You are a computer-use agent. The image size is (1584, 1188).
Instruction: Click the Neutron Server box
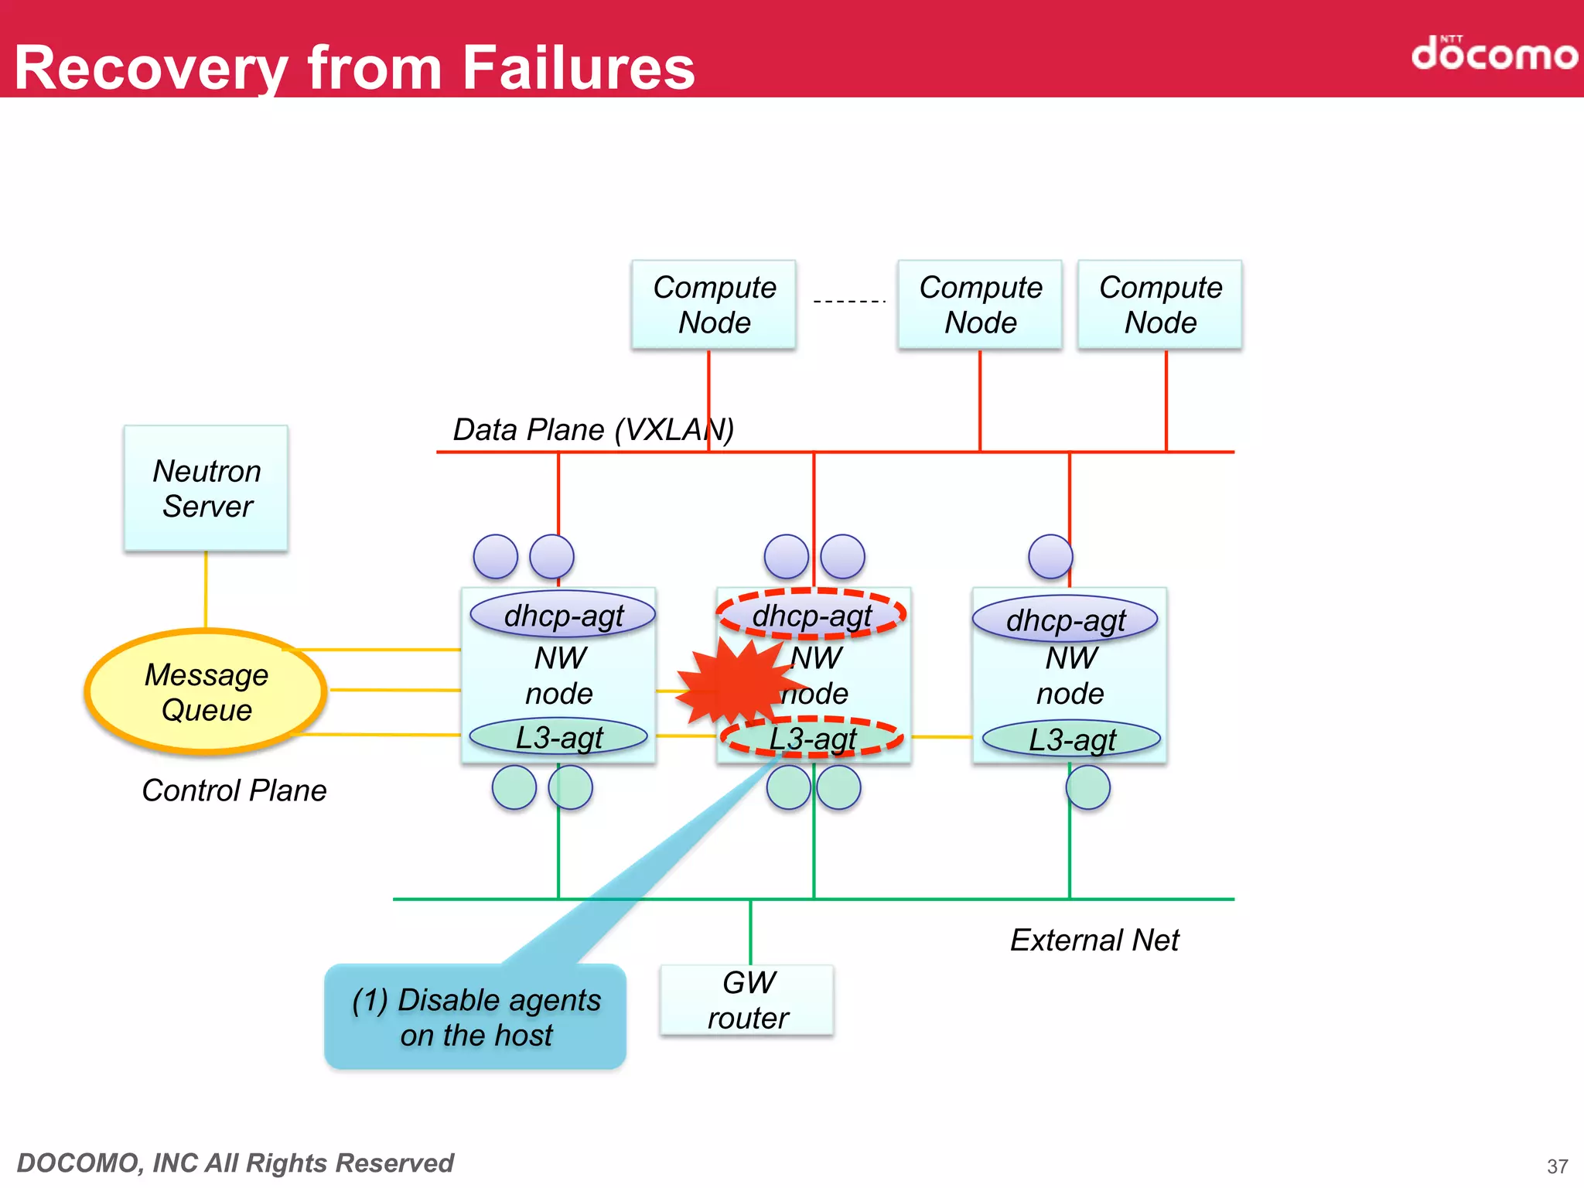206,488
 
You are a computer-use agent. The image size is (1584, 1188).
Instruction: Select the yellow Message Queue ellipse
206,692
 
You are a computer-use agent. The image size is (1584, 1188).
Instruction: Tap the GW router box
747,1000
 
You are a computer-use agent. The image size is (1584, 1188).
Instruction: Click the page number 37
1557,1166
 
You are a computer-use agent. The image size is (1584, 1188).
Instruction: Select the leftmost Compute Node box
714,305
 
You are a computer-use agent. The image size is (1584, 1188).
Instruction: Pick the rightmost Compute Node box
1160,305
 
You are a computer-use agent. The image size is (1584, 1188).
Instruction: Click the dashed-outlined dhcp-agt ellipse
811,615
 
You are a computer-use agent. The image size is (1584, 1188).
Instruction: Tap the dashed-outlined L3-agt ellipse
812,738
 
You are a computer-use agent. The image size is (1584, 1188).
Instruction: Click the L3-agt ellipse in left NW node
558,737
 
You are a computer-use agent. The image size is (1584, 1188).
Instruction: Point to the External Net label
1094,940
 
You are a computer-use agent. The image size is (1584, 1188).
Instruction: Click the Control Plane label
234,790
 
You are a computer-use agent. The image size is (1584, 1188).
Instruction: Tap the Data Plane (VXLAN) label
593,429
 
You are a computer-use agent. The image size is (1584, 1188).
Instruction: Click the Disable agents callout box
475,1016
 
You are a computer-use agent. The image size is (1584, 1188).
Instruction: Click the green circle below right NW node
1087,787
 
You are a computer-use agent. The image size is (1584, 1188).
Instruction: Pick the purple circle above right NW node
1050,556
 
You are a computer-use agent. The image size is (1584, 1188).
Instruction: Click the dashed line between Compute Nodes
848,301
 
